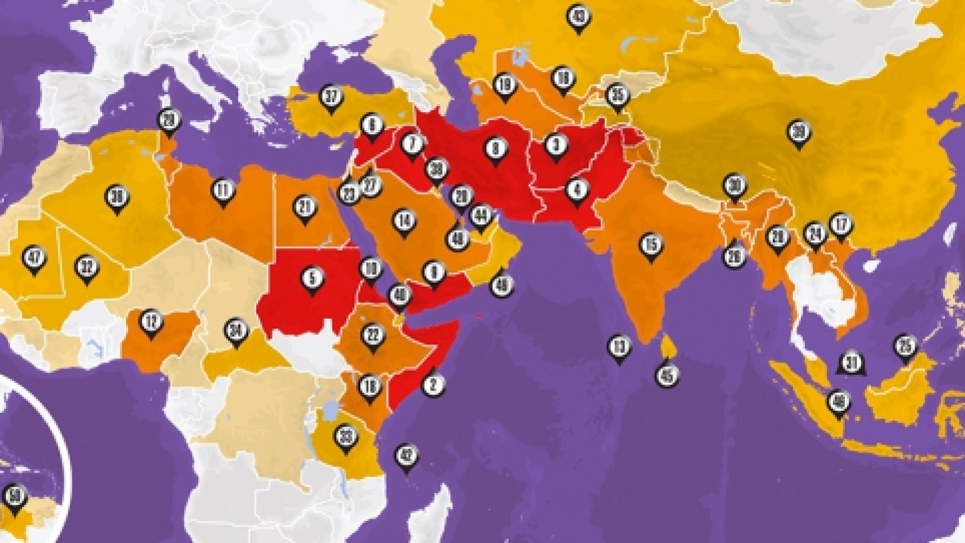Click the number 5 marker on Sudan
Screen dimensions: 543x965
point(313,278)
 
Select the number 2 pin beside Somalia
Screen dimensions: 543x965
point(433,384)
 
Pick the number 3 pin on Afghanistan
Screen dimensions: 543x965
point(555,146)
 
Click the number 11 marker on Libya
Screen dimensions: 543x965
point(224,190)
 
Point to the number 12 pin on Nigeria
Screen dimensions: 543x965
point(150,322)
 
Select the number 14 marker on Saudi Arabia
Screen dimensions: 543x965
point(404,220)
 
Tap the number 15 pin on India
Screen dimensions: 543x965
point(651,245)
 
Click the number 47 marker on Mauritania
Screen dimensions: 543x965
point(34,258)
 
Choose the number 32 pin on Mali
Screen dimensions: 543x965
point(87,267)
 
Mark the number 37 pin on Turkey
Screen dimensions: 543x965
point(331,97)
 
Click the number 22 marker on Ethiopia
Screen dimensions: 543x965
point(372,335)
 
